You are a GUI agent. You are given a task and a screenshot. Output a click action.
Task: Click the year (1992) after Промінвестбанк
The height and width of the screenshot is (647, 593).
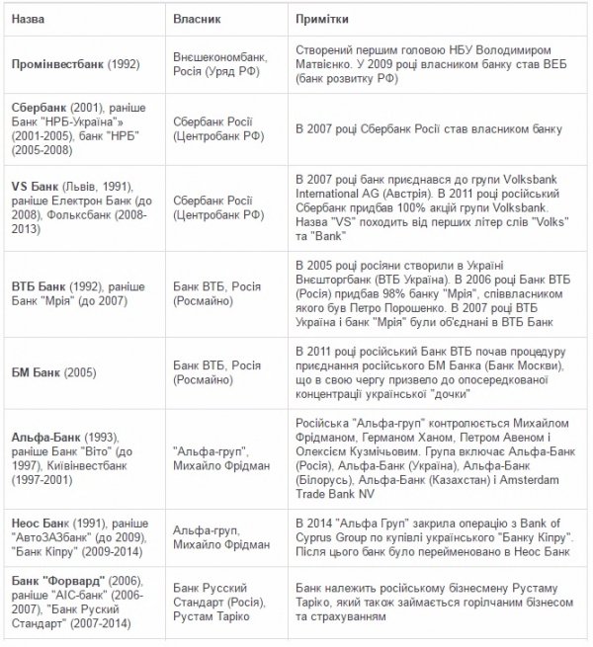tap(124, 64)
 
